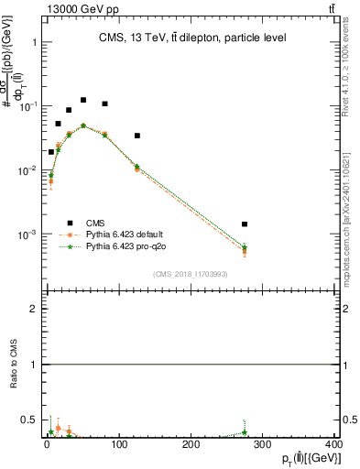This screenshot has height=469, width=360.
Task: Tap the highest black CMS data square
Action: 83,100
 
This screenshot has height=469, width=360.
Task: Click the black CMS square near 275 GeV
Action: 245,224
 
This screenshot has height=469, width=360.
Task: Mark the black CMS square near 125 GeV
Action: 137,136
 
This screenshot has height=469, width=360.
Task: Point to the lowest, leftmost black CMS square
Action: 51,152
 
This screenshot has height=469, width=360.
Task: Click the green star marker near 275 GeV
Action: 245,246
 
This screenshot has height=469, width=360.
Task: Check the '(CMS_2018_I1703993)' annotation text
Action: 190,274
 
